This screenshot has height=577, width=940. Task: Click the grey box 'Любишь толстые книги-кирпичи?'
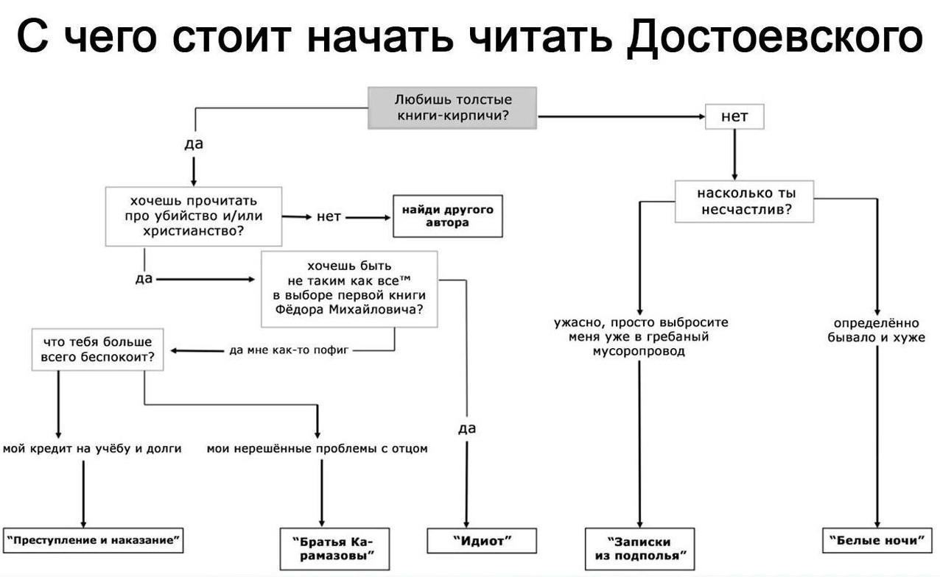(452, 107)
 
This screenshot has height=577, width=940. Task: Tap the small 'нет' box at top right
(734, 116)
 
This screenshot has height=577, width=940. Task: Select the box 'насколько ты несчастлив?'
(745, 201)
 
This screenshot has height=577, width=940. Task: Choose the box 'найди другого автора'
(447, 216)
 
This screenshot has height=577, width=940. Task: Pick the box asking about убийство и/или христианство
(194, 216)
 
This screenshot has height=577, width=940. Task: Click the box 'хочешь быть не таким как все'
(349, 288)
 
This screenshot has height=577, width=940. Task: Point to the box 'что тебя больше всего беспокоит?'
(97, 350)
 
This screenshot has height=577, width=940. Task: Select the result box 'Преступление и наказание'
(94, 540)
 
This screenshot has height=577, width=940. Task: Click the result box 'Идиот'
(482, 541)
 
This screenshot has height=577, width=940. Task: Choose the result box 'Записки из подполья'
(639, 548)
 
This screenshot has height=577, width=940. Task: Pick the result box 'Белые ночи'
(876, 541)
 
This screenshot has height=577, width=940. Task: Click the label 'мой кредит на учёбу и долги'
(92, 447)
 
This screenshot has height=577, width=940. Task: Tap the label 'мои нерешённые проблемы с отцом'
(317, 447)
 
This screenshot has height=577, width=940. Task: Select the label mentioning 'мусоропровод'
(639, 337)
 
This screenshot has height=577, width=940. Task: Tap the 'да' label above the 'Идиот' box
(467, 428)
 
